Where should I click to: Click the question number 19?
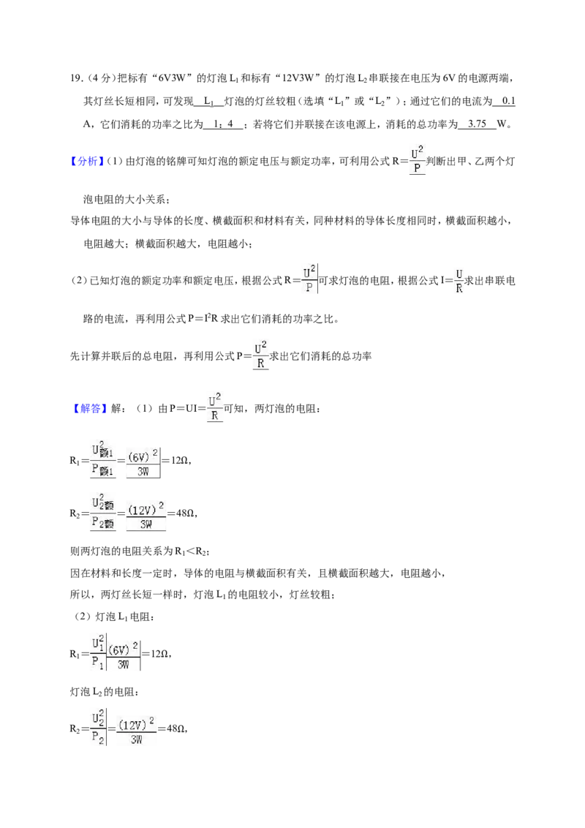click(77, 78)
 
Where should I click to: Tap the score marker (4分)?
click(100, 78)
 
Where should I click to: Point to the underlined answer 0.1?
click(508, 101)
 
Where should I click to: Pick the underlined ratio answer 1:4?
click(222, 124)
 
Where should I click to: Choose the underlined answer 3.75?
click(477, 124)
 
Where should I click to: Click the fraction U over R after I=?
click(458, 282)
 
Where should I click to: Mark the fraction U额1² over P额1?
click(102, 460)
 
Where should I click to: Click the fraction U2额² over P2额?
click(102, 512)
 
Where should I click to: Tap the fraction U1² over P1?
click(98, 654)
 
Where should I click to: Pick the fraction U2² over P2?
click(98, 729)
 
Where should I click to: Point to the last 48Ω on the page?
click(175, 729)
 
